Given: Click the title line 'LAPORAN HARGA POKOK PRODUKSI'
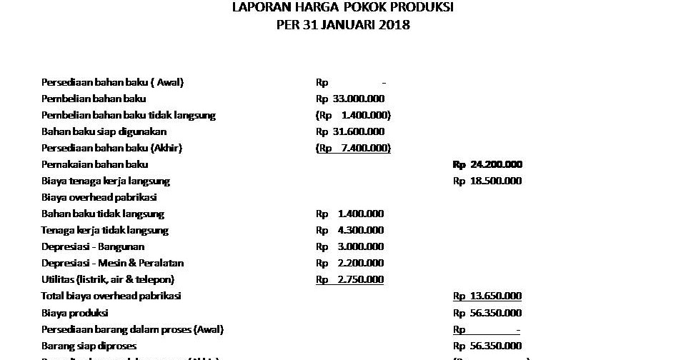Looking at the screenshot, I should pos(342,8).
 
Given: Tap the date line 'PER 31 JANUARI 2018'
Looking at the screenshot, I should pos(342,25).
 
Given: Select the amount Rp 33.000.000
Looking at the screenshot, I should pos(350,99).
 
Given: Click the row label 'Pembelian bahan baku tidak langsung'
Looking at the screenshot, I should pos(128,115).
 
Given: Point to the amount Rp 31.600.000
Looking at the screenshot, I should pos(350,131).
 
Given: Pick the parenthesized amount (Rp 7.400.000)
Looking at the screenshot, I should pos(353,148).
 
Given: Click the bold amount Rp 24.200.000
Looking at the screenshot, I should pos(487,164).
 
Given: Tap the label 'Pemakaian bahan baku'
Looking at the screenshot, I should pos(94,164).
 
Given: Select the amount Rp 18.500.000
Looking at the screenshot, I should pos(487,181).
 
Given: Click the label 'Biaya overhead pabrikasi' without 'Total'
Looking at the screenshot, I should pos(99,197).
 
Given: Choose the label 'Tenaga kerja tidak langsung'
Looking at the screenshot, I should pos(104,230).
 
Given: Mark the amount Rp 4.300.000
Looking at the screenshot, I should pos(350,230).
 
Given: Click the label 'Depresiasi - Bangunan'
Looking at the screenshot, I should pos(93,246).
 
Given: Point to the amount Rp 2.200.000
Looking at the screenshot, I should pos(350,263).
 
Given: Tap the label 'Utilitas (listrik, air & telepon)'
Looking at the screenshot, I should pos(108,279).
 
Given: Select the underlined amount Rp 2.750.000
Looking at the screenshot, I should pos(350,279).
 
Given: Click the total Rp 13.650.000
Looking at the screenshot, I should pos(487,296).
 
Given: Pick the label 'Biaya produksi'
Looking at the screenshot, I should pos(74,313).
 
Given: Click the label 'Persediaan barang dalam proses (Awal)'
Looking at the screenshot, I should pos(132,329).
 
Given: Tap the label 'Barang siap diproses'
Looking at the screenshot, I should pos(89,346).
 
